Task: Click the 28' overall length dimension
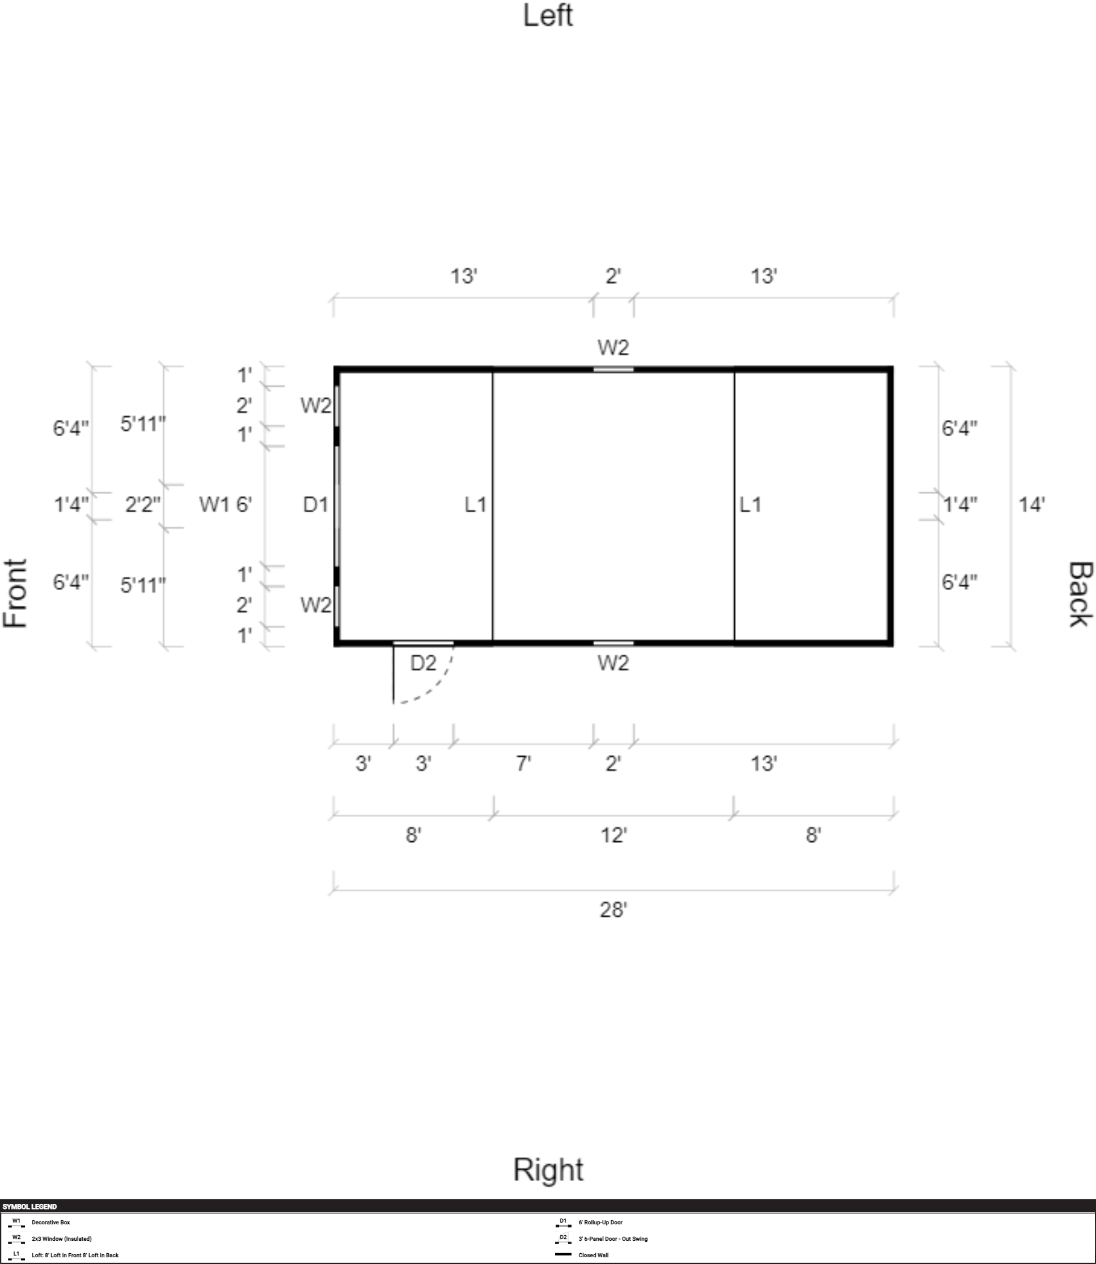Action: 613,910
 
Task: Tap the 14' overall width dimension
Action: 1031,505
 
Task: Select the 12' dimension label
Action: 613,835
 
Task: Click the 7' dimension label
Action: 523,764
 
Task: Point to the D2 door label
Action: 423,663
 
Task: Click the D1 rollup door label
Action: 316,505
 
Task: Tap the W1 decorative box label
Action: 213,505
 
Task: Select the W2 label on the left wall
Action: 613,348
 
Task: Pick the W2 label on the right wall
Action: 613,663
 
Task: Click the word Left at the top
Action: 548,15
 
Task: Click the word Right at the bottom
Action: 548,1170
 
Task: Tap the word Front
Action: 15,593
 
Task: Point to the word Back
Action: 1080,593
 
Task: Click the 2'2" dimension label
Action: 142,505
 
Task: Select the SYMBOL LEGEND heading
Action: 29,1207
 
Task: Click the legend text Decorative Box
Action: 51,1223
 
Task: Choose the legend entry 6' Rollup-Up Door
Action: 600,1223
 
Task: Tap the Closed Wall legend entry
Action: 593,1255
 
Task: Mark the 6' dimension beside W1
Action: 244,505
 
